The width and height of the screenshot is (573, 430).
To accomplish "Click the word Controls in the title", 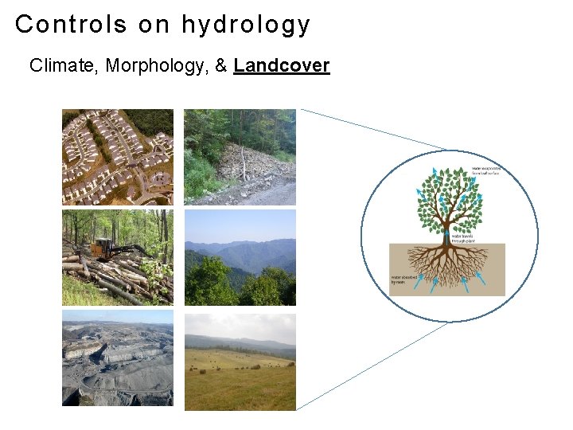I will (x=71, y=25).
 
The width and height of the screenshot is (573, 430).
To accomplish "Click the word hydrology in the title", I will (x=246, y=25).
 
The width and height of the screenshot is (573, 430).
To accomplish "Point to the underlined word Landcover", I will (x=282, y=66).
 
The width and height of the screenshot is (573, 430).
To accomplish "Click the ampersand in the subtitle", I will (x=220, y=66).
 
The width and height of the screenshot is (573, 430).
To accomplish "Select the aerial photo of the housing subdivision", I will (x=118, y=157).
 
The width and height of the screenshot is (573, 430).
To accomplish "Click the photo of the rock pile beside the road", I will (x=240, y=157).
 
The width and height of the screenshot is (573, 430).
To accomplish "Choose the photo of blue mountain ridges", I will (x=240, y=257).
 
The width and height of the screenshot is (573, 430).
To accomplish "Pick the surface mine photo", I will (x=118, y=358).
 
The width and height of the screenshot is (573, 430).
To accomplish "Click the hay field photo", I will (x=240, y=362).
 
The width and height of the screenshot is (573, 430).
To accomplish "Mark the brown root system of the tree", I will (x=446, y=267).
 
